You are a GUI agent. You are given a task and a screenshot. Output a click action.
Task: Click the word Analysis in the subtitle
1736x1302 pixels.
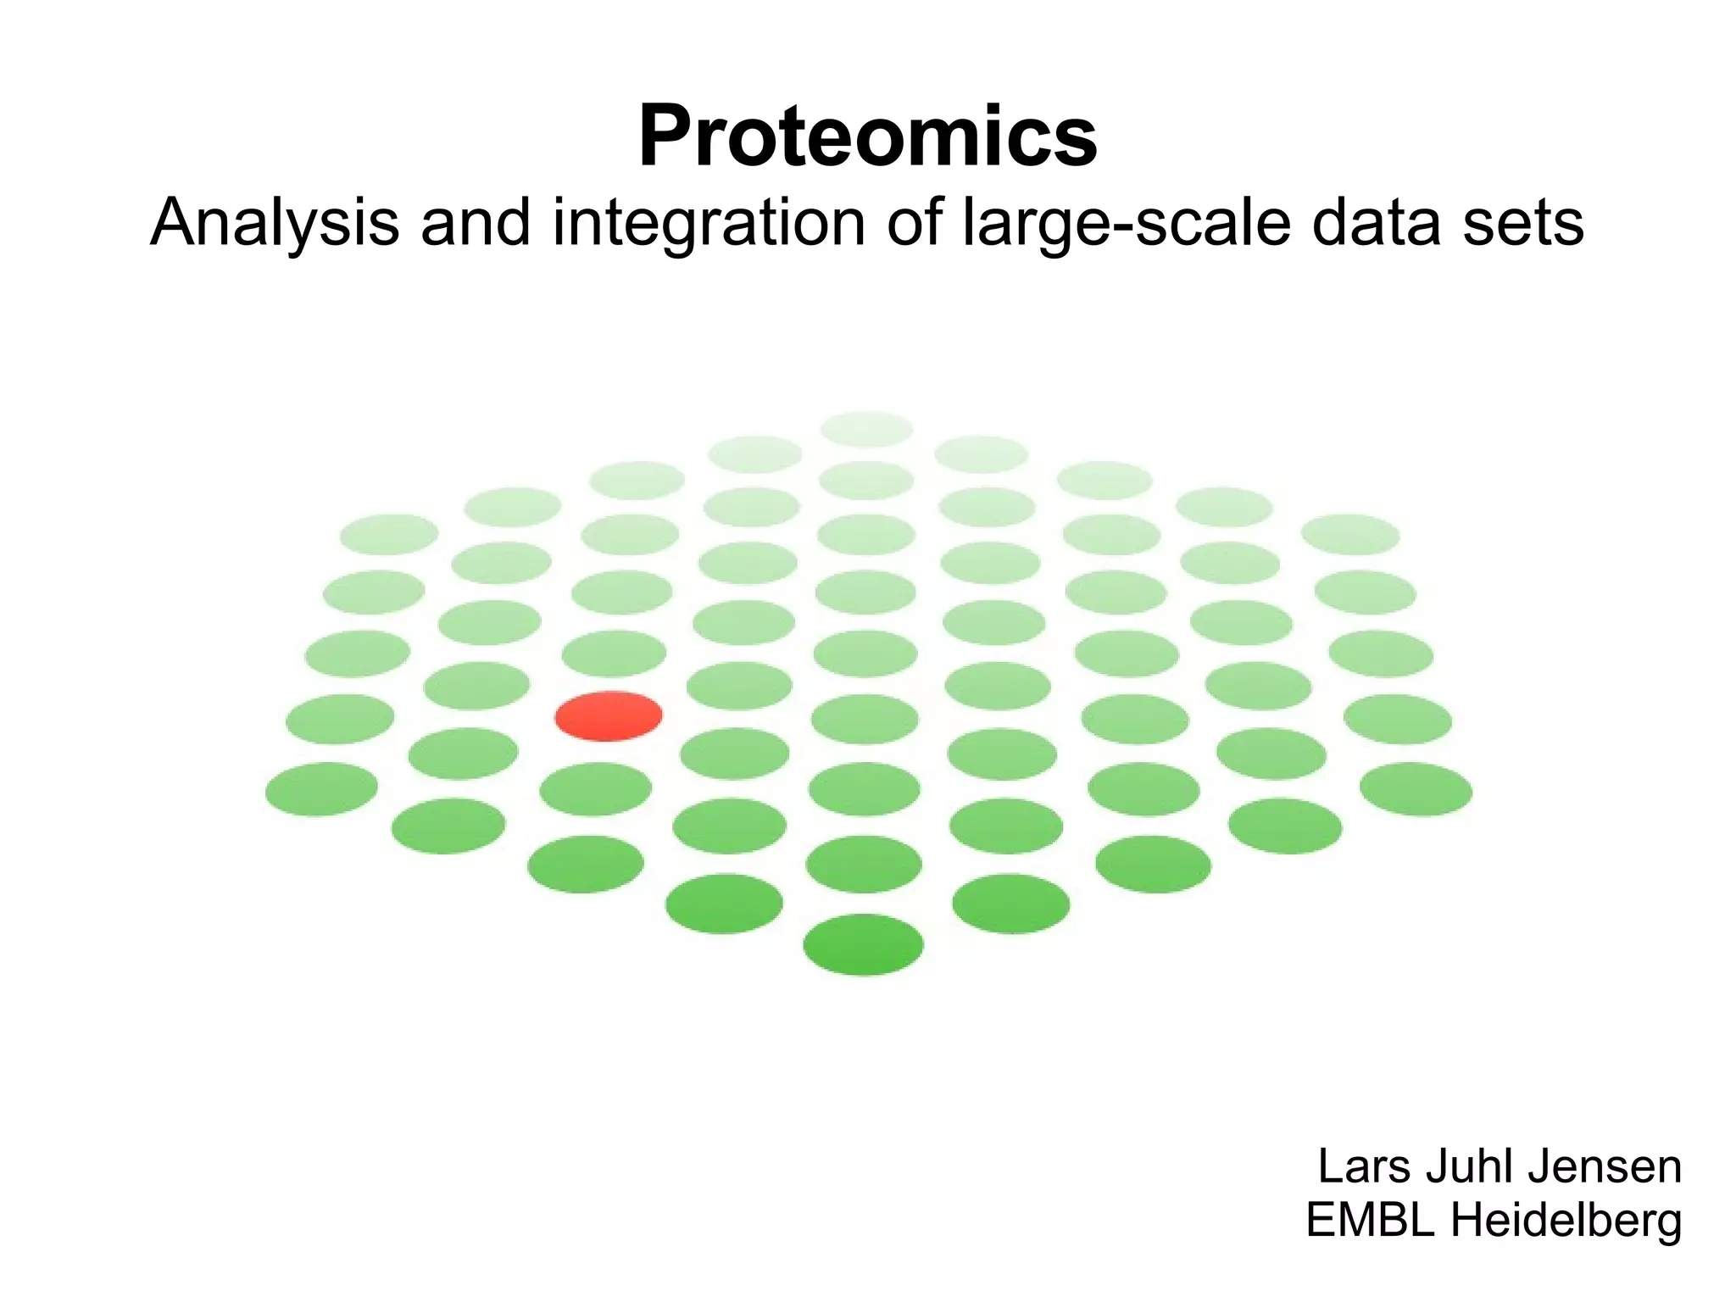(274, 223)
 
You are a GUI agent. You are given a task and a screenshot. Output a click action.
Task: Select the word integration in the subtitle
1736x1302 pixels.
(709, 223)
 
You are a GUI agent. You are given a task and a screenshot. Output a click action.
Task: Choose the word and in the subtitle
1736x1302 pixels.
(475, 223)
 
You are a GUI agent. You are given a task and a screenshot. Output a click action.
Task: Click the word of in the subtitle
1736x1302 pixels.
(915, 223)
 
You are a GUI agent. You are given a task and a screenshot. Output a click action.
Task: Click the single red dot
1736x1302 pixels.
(608, 716)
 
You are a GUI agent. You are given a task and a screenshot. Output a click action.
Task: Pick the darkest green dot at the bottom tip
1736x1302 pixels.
(863, 944)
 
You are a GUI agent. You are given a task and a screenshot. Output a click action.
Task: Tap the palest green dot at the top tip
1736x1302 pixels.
(866, 429)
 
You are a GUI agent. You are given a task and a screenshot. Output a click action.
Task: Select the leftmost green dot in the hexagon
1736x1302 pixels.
(321, 789)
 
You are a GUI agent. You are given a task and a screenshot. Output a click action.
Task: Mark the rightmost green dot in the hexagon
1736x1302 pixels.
(1416, 789)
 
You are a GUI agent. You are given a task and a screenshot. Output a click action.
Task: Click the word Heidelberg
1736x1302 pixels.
(1565, 1221)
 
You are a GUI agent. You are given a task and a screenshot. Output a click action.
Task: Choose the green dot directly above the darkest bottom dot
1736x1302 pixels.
(864, 864)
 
